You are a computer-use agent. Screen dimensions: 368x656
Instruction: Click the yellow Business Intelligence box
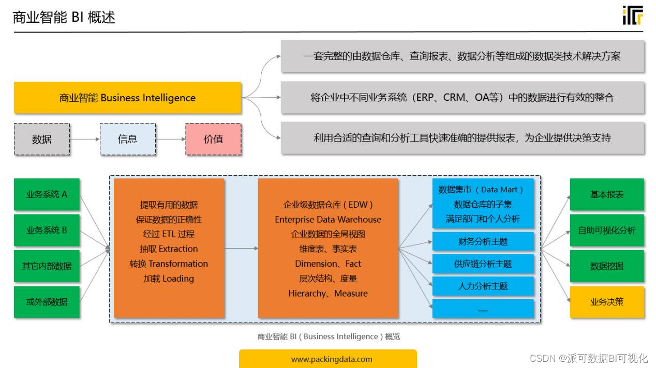(127, 98)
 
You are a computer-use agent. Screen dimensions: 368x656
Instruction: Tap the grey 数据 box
(42, 139)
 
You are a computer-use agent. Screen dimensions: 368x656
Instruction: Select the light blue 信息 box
(127, 139)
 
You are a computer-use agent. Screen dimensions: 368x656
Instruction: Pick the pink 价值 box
(213, 139)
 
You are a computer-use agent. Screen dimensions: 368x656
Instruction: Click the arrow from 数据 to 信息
(84, 139)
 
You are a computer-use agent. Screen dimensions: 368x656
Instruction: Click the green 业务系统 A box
(47, 194)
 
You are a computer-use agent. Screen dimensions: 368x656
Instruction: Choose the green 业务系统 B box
(47, 230)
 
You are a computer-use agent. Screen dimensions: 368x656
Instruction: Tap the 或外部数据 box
(47, 302)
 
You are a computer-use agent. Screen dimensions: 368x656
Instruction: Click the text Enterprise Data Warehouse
(328, 219)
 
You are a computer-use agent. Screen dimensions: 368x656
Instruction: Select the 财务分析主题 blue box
(483, 241)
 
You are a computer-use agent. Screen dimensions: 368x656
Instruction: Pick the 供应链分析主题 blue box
(483, 264)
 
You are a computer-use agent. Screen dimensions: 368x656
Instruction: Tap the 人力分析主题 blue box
(483, 286)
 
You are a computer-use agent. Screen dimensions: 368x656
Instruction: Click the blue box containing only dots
(483, 309)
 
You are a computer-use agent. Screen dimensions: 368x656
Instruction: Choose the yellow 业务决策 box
(607, 302)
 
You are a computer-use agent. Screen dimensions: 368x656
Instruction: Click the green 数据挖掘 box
(607, 266)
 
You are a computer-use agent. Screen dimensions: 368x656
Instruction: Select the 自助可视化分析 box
(607, 230)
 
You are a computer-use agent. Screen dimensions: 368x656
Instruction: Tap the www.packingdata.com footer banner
(327, 359)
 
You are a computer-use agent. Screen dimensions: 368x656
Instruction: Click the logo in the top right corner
(633, 16)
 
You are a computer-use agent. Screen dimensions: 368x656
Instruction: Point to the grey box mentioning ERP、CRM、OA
(463, 98)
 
